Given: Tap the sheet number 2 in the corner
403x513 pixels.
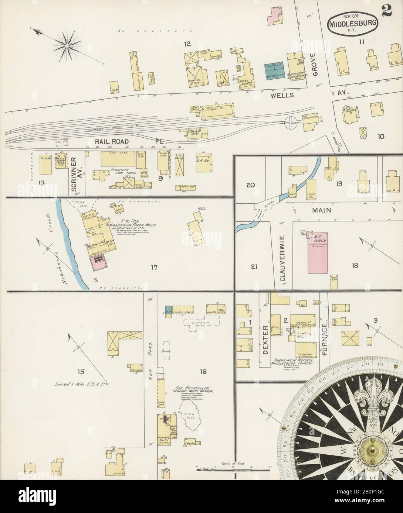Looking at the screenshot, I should (x=387, y=12).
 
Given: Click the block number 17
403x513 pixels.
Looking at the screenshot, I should (x=153, y=267).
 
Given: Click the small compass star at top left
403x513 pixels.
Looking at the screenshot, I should (x=67, y=45).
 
